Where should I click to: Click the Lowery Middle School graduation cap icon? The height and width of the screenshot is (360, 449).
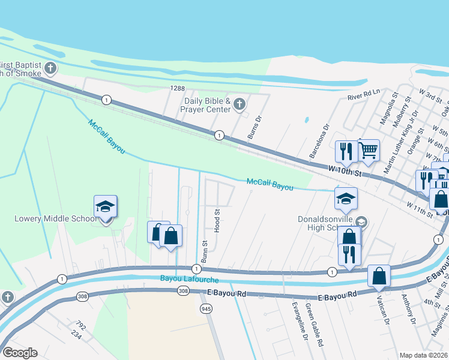[x=105, y=207]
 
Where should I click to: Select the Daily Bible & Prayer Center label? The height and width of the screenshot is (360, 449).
[x=208, y=105]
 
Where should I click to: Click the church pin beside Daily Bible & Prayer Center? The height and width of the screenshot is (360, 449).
[x=239, y=105]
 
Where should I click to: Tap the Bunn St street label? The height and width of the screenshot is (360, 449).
[x=204, y=252]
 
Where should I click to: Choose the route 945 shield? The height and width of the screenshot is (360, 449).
[x=206, y=308]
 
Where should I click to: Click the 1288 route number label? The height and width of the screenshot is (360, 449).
[x=177, y=88]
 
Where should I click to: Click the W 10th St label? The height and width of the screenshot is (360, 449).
[x=345, y=172]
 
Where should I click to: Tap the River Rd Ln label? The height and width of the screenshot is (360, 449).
[x=364, y=95]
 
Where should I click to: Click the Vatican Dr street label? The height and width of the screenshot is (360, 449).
[x=380, y=310]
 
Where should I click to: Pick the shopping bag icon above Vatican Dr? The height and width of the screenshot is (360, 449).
[x=379, y=277]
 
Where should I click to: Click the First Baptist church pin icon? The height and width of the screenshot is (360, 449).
[x=50, y=68]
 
